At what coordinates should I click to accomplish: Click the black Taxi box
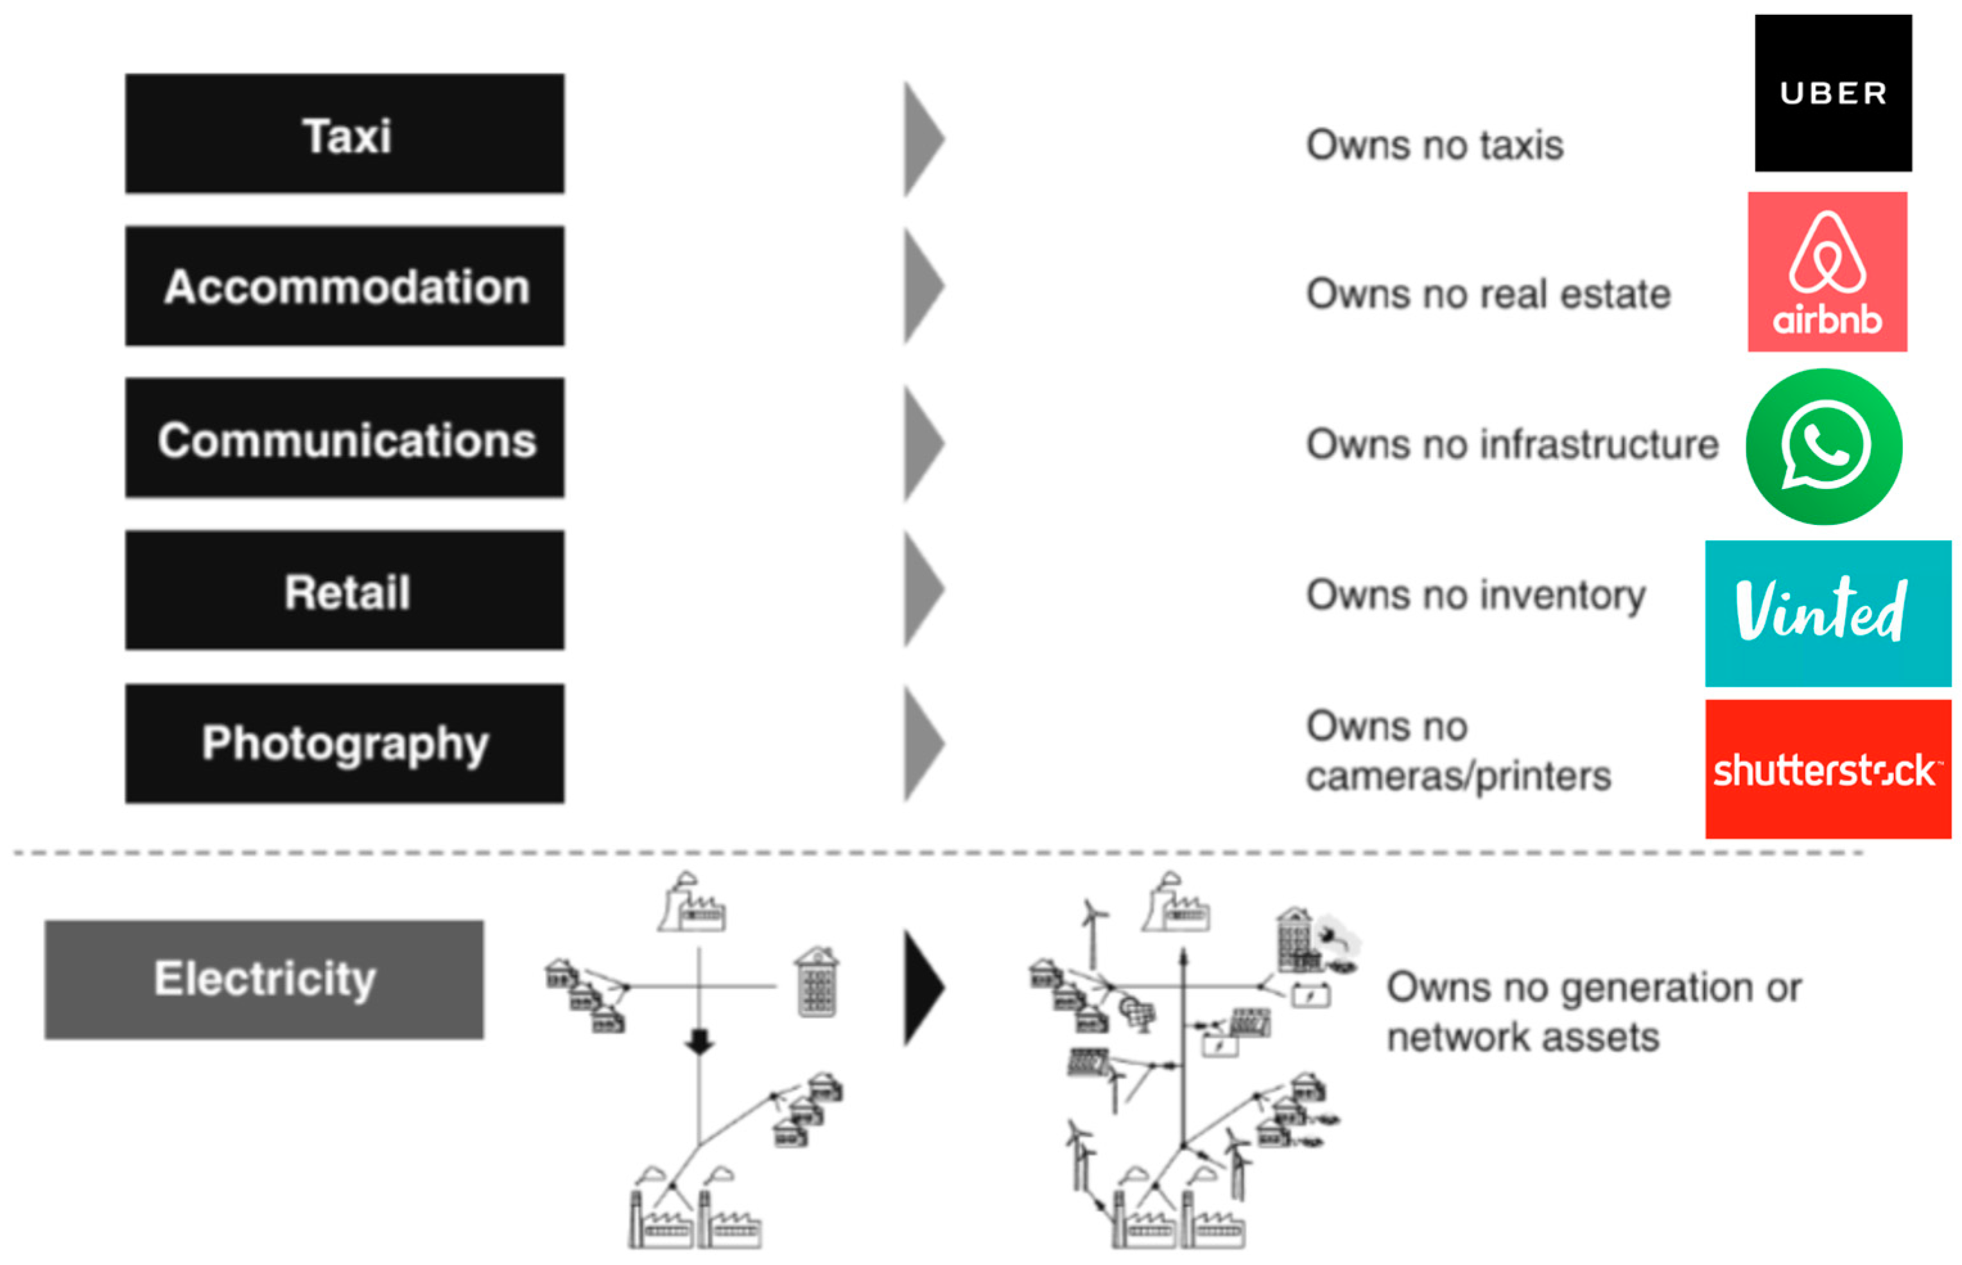[x=344, y=134]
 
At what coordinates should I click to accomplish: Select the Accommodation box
[x=344, y=286]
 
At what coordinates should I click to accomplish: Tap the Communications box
[x=344, y=438]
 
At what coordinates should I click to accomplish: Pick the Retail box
[x=344, y=590]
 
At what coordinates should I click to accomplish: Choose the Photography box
[x=344, y=743]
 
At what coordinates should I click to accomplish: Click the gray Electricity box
[x=264, y=979]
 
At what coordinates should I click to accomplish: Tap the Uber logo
[x=1832, y=93]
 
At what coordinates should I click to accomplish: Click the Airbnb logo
[x=1827, y=272]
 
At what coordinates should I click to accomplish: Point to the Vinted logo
[x=1827, y=613]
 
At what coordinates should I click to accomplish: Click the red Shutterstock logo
[x=1827, y=769]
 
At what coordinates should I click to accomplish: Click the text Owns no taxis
[x=1434, y=146]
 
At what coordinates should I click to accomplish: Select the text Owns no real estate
[x=1488, y=294]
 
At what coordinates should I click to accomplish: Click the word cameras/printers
[x=1459, y=776]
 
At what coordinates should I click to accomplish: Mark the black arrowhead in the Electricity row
[x=923, y=987]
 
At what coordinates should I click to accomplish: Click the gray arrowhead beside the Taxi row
[x=923, y=139]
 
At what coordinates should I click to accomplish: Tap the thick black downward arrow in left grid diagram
[x=699, y=1041]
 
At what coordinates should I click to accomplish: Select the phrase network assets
[x=1522, y=1037]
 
